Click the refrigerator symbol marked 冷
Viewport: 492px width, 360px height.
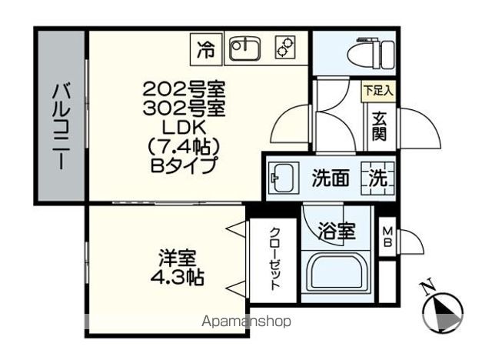click(x=206, y=49)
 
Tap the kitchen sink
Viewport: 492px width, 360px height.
click(x=245, y=48)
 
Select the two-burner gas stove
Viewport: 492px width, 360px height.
click(x=285, y=48)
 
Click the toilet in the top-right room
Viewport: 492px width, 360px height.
click(x=371, y=54)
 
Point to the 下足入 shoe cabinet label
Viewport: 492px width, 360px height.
click(x=378, y=92)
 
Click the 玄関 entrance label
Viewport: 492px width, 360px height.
click(x=379, y=126)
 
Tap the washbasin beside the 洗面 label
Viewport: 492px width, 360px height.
click(x=282, y=178)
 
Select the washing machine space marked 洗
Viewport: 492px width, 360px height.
click(x=377, y=178)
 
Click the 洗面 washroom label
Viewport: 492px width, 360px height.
click(x=330, y=178)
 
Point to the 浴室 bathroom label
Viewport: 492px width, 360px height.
click(x=337, y=232)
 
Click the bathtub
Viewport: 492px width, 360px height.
click(x=337, y=274)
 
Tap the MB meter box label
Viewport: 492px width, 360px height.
click(x=387, y=237)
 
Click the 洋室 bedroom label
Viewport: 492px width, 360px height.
click(x=178, y=258)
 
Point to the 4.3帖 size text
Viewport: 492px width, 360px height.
click(x=178, y=277)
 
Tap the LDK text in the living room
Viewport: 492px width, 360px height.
click(x=184, y=128)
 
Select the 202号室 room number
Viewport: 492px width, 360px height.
click(x=184, y=90)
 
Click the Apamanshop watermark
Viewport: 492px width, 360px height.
click(x=247, y=322)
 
